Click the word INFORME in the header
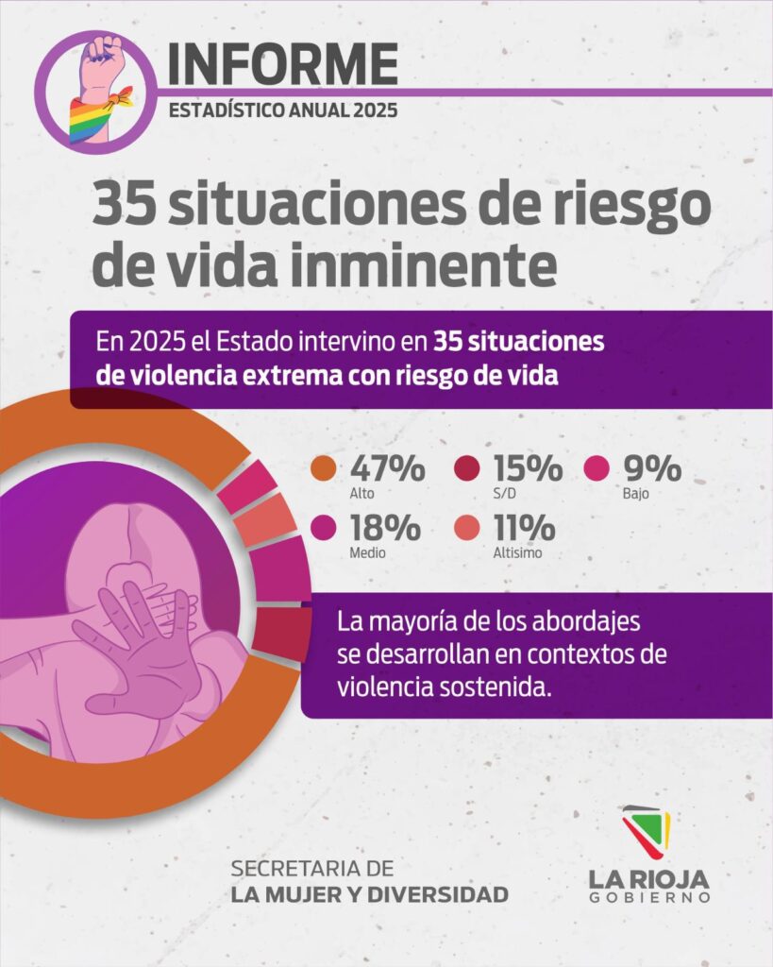282,64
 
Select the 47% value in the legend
387,468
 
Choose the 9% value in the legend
650,468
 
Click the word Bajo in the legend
636,494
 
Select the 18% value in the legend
386,529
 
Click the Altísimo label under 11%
511,553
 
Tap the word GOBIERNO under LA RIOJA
648,897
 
